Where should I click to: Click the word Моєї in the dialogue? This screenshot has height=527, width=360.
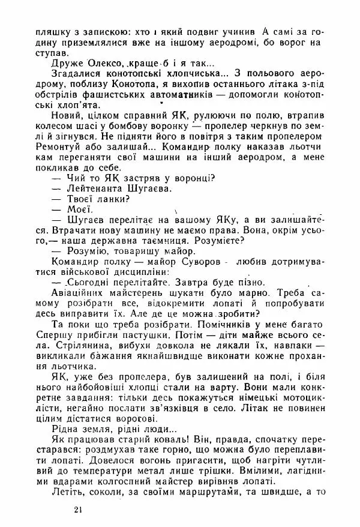tap(78, 209)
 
